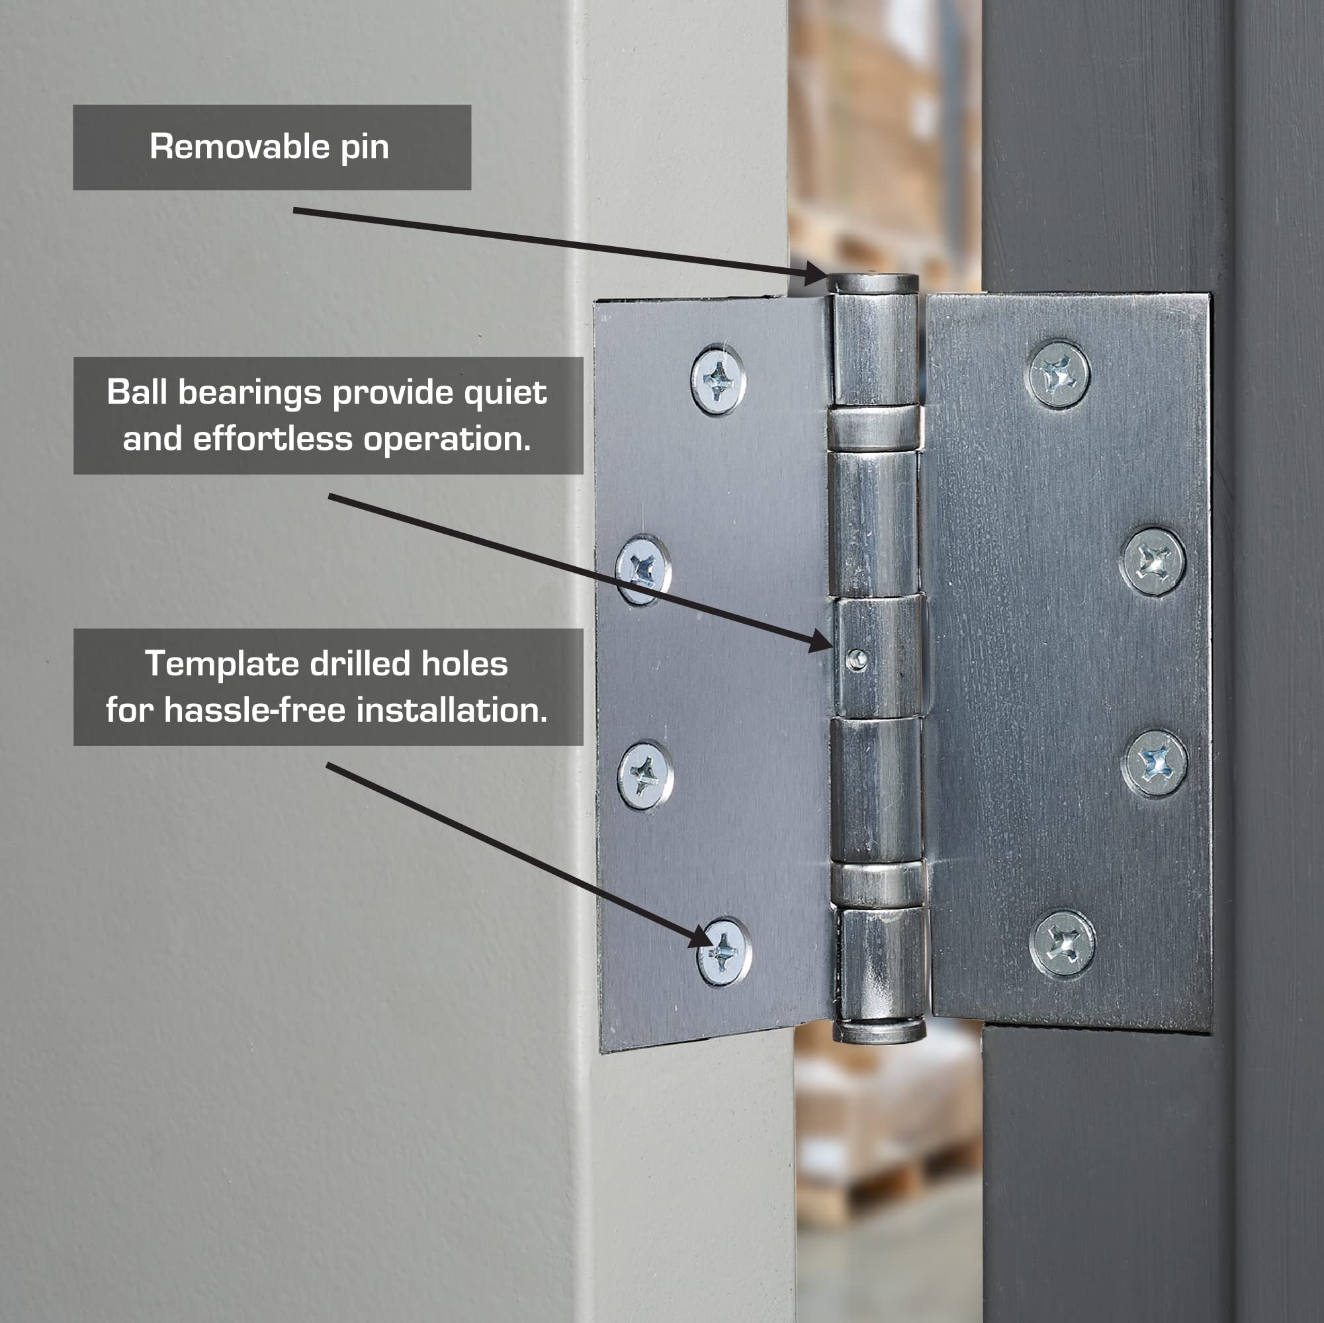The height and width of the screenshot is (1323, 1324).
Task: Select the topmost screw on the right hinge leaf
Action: tap(1059, 375)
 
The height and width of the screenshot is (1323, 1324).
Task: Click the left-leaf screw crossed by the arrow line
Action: tap(643, 570)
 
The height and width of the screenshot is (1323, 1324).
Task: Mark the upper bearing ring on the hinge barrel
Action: tap(875, 428)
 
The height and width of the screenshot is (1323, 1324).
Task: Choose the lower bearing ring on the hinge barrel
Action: tap(879, 885)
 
